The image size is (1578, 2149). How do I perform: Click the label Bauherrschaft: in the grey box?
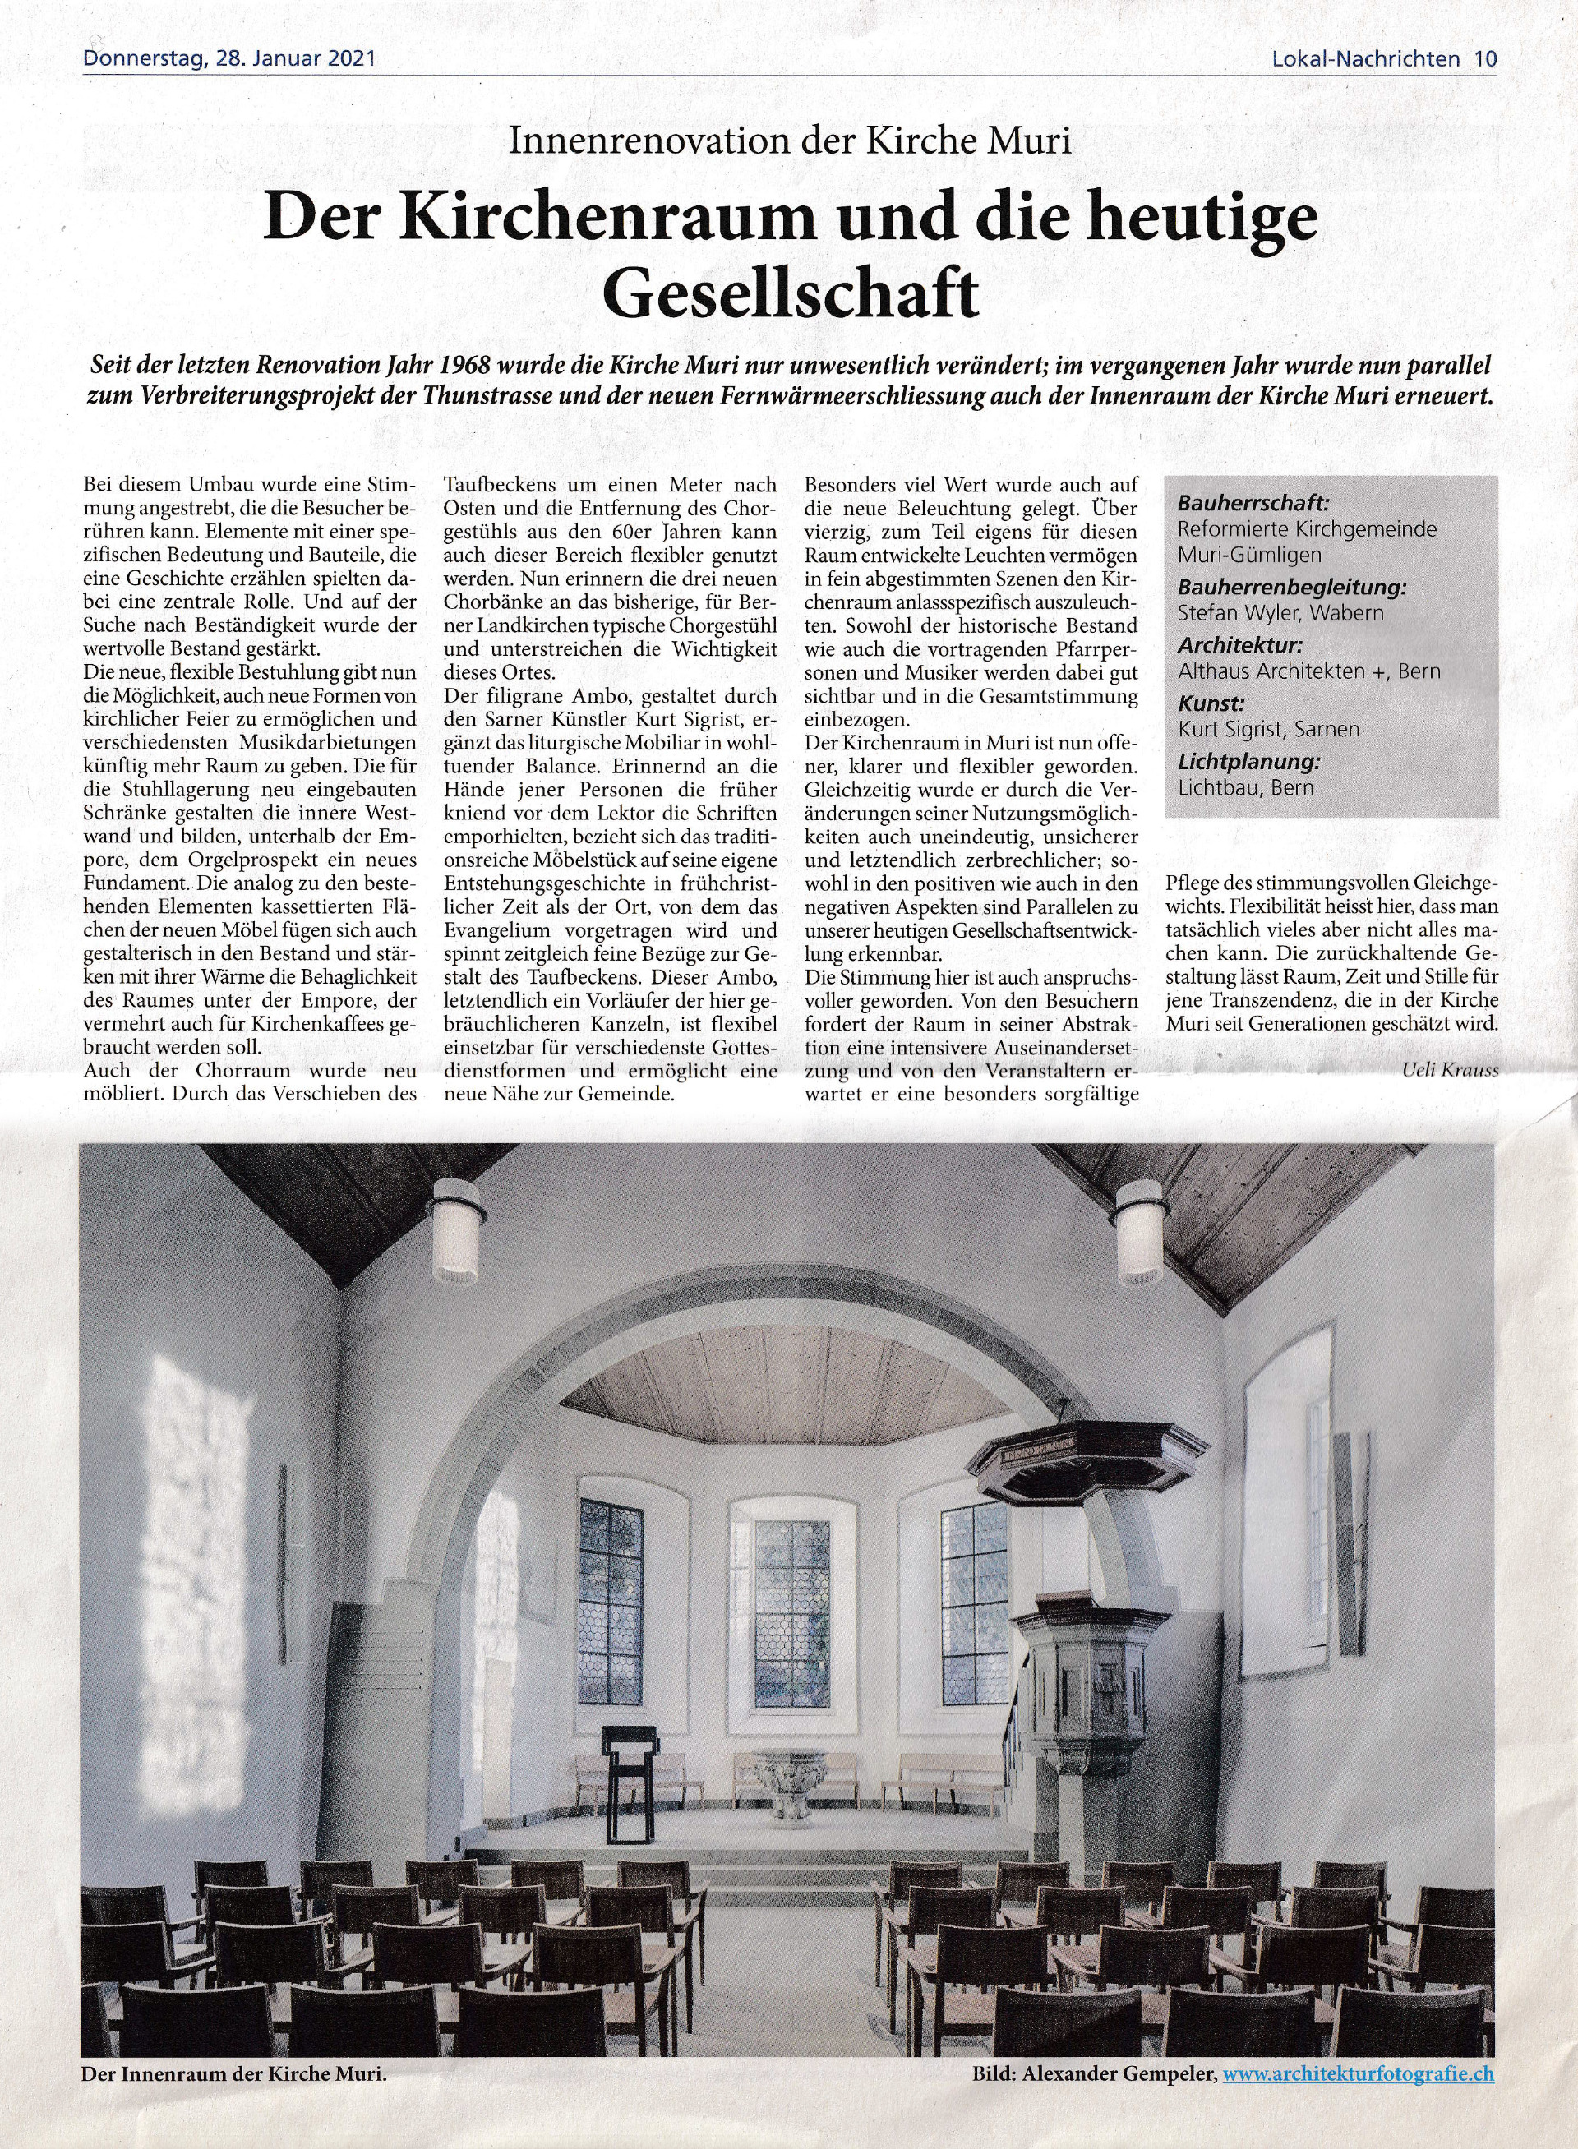1239,502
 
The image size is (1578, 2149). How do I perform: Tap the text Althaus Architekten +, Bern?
1308,671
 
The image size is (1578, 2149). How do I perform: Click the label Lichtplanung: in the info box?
1248,762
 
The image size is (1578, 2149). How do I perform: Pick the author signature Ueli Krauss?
1450,1070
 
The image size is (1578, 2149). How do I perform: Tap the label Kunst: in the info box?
1211,704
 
